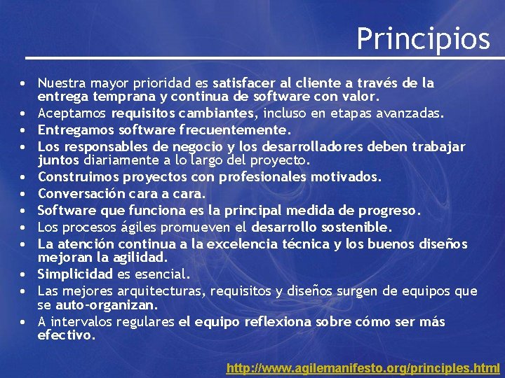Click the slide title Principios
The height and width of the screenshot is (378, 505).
pos(423,38)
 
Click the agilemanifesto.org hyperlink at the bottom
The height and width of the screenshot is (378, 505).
pos(363,367)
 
